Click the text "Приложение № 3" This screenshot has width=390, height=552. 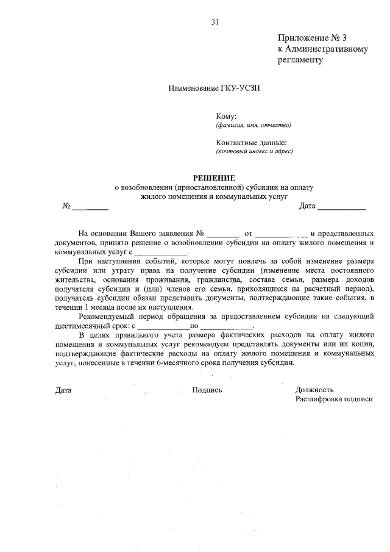(315, 38)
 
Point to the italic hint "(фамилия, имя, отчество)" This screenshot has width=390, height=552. (253, 126)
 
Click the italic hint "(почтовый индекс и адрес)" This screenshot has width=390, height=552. (254, 151)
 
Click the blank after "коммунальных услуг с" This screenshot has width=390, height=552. (161, 252)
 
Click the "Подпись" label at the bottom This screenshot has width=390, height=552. (207, 390)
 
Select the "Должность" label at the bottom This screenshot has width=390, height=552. (314, 390)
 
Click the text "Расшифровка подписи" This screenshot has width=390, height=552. (334, 399)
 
